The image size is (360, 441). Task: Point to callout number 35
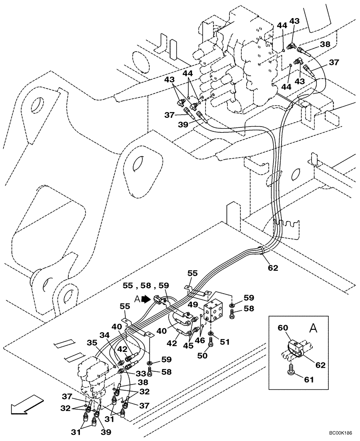point(92,342)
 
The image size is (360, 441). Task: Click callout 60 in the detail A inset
point(283,328)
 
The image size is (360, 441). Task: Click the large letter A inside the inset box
point(312,329)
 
